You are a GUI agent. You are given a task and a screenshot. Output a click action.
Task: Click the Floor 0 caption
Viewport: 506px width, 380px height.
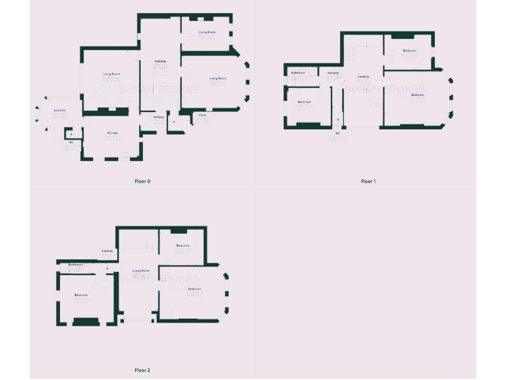point(143,181)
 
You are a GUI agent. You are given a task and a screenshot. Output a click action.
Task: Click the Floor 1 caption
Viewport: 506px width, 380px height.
point(368,181)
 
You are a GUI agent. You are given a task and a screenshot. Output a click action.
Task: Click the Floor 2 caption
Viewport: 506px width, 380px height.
point(142,370)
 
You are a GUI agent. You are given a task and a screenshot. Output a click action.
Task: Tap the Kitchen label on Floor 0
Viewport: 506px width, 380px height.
point(113,133)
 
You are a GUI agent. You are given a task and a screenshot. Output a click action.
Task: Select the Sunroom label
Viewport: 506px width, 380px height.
point(59,110)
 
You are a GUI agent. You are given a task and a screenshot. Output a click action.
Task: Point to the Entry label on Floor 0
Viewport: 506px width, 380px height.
point(202,115)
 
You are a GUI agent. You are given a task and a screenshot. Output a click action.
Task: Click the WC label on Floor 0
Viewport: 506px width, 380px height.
point(70,142)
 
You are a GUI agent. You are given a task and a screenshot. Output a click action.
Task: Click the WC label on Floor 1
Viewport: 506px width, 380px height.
point(338,133)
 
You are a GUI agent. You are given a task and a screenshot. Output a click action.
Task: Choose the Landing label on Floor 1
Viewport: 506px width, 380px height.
point(363,77)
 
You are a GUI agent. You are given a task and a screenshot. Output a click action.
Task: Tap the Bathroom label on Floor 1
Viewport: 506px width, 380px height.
point(298,73)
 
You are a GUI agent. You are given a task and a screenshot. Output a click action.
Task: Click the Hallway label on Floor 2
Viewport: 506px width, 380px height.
point(107,251)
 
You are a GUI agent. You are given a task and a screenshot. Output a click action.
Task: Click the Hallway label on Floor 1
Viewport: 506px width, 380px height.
point(332,73)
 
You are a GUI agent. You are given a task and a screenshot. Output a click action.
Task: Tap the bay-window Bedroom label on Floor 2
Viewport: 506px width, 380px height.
point(194,289)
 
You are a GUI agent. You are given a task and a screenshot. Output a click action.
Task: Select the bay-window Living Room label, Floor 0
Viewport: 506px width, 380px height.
point(218,79)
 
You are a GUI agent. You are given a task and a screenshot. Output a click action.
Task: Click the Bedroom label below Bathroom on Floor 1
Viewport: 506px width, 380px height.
point(304,102)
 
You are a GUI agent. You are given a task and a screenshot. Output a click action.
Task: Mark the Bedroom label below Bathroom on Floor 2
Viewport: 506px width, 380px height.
point(81,294)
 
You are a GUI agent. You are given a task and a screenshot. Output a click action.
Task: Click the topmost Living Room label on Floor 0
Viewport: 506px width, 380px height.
point(208,32)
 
